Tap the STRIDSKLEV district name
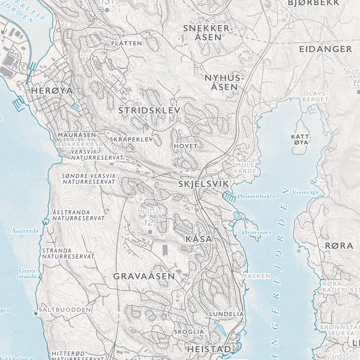click(x=149, y=111)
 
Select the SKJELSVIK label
click(x=203, y=185)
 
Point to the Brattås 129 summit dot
click(x=150, y=232)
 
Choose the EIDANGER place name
click(x=325, y=49)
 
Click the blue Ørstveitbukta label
click(x=256, y=196)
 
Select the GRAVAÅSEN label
click(x=144, y=276)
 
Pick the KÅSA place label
click(x=199, y=239)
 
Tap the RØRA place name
click(x=339, y=246)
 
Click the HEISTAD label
click(x=209, y=349)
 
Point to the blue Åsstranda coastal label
click(x=25, y=230)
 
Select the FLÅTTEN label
click(x=126, y=43)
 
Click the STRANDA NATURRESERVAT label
click(x=68, y=254)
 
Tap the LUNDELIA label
click(x=226, y=314)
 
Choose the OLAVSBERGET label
click(x=316, y=96)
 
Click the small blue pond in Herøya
click(x=76, y=106)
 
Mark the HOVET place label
click(x=186, y=145)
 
